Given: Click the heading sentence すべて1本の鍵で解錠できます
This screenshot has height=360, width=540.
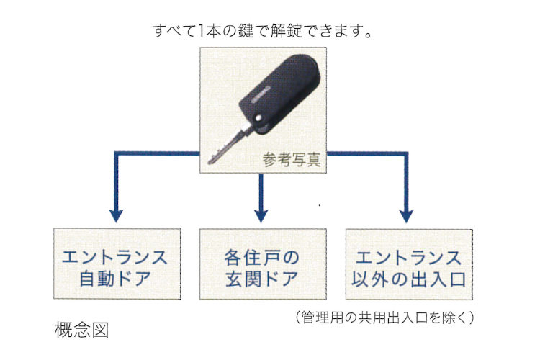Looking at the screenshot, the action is pos(262,31).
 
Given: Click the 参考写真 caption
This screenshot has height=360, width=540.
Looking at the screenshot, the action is pos(292,160).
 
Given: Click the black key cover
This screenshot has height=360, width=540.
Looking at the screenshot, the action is pos(279,94).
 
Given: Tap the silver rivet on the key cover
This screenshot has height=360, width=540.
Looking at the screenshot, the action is pos(258,118).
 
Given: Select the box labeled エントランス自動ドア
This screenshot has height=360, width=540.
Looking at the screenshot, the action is pos(117,264).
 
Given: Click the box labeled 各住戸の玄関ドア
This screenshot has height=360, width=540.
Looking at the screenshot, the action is pos(263,264).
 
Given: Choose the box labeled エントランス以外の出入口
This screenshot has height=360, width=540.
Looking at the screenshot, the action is pos(409,264).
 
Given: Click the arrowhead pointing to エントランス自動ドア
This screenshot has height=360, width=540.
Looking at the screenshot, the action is pos(117,216).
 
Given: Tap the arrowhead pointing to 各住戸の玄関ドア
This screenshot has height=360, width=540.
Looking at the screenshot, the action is pos(261,216).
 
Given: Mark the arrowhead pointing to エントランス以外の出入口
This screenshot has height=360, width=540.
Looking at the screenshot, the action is pos(406,216).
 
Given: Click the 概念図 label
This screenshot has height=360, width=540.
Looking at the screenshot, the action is pos(81,330).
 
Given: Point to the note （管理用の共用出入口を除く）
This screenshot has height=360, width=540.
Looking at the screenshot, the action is pos(384,318).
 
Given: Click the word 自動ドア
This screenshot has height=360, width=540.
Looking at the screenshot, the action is pos(115,279).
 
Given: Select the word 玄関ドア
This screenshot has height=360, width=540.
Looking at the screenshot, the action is pos(262,279).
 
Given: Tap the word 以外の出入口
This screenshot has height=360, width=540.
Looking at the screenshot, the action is pos(408,279).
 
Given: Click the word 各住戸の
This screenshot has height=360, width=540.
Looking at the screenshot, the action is pos(262,257).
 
